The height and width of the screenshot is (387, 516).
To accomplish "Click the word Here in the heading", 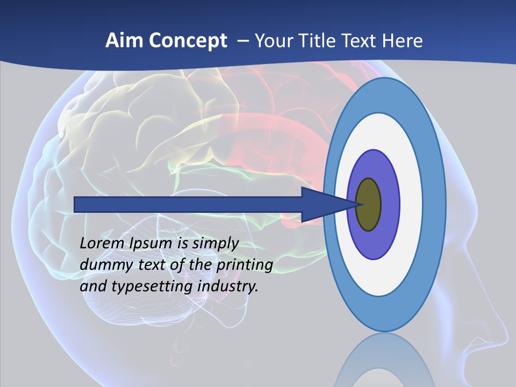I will (403, 41).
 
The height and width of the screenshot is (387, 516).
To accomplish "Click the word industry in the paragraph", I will (228, 286).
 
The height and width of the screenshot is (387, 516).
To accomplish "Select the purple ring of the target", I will (390, 204).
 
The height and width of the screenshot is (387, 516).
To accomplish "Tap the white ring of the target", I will (411, 204).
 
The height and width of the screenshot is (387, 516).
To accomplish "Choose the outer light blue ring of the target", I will (434, 204).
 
